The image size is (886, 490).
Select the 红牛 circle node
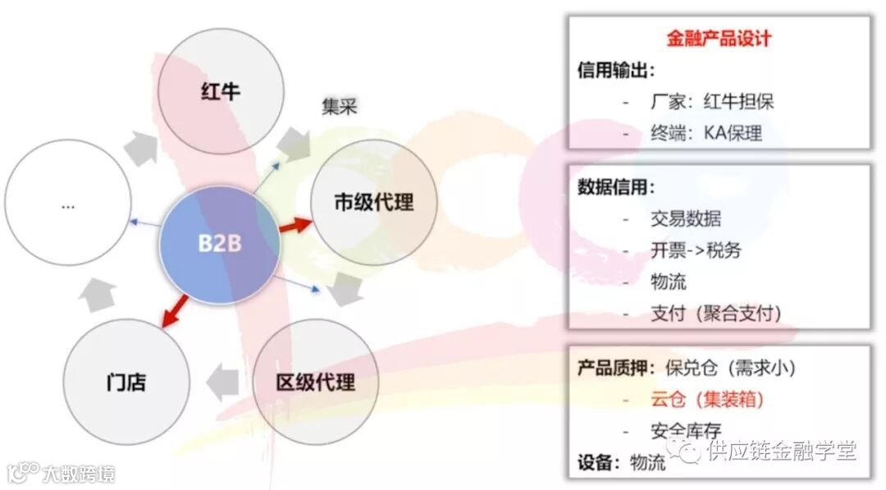[220, 90]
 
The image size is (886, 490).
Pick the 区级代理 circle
[316, 382]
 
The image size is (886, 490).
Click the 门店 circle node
[126, 382]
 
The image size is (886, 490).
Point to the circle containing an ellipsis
[68, 205]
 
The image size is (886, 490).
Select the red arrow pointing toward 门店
[175, 309]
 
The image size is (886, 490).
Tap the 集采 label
[339, 108]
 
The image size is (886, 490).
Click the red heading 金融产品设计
[719, 39]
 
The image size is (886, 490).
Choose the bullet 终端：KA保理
[704, 133]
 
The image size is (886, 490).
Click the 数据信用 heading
[617, 187]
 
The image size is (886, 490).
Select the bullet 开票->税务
[696, 250]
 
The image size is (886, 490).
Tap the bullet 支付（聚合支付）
[715, 313]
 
